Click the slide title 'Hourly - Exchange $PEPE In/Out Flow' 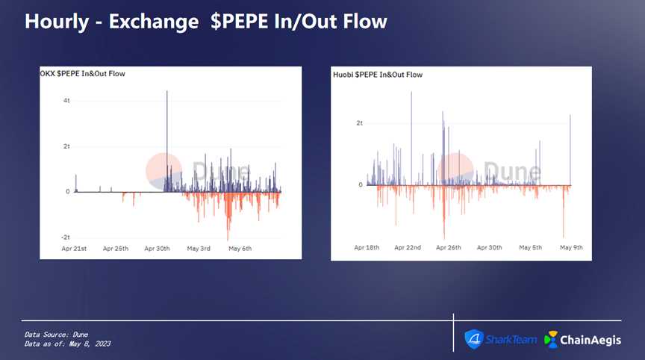pyautogui.click(x=206, y=21)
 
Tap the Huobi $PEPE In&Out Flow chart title pyautogui.click(x=378, y=75)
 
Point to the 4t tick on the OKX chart pyautogui.click(x=66, y=101)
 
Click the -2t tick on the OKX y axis pyautogui.click(x=65, y=237)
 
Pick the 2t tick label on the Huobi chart pyautogui.click(x=359, y=122)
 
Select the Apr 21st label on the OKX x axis pyautogui.click(x=75, y=248)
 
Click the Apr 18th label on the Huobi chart pyautogui.click(x=367, y=247)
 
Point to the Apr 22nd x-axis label pyautogui.click(x=408, y=247)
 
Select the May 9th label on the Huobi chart pyautogui.click(x=571, y=247)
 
